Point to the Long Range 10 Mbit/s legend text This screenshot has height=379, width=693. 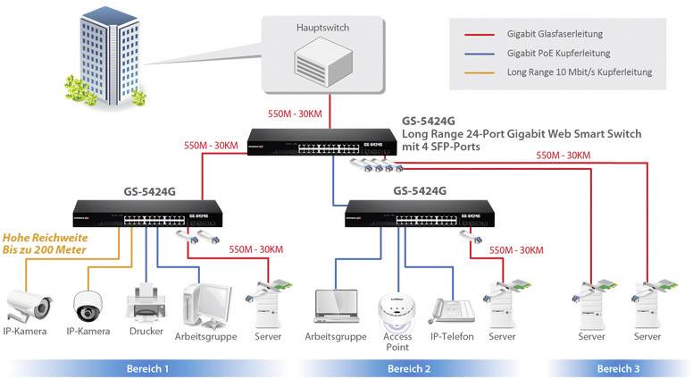coord(579,72)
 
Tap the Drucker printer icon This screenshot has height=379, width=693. coord(145,302)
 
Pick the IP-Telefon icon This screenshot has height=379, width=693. coord(449,309)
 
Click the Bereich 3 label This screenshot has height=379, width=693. coord(618,367)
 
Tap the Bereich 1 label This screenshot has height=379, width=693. coord(147,367)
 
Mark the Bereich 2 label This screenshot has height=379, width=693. coord(409,367)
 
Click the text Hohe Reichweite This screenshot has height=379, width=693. coord(42,238)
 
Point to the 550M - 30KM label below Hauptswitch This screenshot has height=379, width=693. coord(295,114)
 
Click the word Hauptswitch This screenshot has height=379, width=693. coord(323,28)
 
